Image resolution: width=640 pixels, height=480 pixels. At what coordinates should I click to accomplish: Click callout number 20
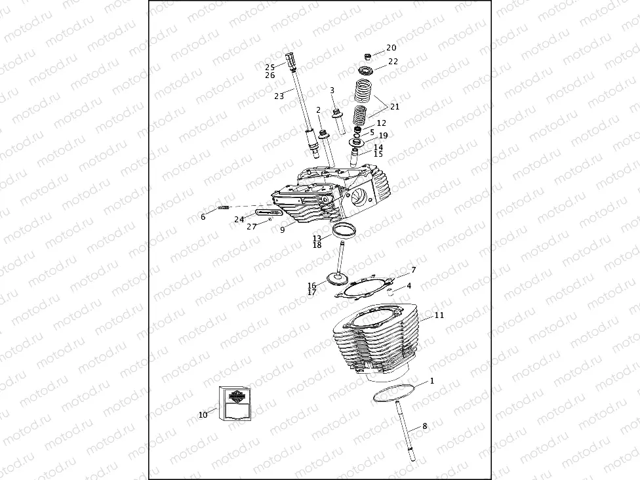[x=391, y=48]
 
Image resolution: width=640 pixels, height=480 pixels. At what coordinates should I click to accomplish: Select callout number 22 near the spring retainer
[x=393, y=61]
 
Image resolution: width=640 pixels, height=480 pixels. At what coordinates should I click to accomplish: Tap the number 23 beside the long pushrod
[x=279, y=96]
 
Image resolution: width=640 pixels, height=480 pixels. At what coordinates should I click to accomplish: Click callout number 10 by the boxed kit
[x=203, y=415]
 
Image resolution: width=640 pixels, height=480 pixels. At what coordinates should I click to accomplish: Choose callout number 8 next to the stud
[x=424, y=426]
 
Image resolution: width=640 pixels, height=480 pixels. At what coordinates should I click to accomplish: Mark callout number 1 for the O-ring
[x=431, y=381]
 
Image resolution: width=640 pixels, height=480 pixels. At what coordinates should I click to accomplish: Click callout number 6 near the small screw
[x=203, y=216]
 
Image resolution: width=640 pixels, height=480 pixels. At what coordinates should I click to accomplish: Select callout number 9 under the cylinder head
[x=282, y=230]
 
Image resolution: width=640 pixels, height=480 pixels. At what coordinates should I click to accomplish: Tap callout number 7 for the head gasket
[x=413, y=270]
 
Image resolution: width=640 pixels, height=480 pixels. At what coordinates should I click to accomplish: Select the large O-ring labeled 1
[x=395, y=391]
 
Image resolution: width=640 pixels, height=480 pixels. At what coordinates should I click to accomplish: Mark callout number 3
[x=332, y=90]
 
